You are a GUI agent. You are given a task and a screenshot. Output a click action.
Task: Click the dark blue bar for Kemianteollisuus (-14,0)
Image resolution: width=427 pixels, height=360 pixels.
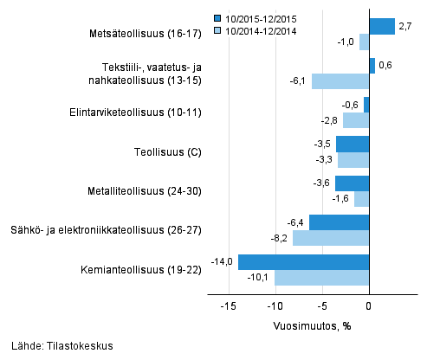[x=303, y=262]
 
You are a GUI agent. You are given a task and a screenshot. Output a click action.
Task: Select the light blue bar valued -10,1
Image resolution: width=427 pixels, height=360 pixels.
[x=321, y=278]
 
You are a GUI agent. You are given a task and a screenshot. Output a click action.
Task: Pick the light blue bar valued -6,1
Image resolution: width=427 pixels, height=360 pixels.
[x=340, y=81]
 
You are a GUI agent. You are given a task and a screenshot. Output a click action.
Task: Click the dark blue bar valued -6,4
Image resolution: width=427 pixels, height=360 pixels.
[x=339, y=222]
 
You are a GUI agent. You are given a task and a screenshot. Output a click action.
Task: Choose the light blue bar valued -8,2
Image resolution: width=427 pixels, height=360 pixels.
[x=331, y=238]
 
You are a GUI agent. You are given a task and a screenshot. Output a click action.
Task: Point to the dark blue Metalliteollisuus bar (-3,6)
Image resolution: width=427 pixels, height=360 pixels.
[x=353, y=183]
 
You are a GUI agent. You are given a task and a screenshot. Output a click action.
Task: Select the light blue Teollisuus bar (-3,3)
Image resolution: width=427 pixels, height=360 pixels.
[x=353, y=160]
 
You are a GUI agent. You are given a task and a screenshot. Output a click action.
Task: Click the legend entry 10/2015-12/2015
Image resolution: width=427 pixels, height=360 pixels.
[x=260, y=17]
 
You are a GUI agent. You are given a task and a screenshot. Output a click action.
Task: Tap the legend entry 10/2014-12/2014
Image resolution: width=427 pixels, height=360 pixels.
[x=260, y=30]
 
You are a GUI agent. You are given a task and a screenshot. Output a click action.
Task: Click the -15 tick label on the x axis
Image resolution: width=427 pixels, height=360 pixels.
[x=228, y=306]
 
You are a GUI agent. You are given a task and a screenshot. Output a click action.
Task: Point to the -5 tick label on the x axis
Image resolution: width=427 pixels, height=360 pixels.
[x=322, y=306]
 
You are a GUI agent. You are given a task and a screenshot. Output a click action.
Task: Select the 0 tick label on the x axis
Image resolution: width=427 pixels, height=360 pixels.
[x=370, y=306]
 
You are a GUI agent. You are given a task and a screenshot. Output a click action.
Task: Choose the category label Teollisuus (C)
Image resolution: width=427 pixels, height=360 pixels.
[x=170, y=152]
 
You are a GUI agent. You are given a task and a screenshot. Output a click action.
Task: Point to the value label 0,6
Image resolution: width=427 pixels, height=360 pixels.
[x=386, y=66]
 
